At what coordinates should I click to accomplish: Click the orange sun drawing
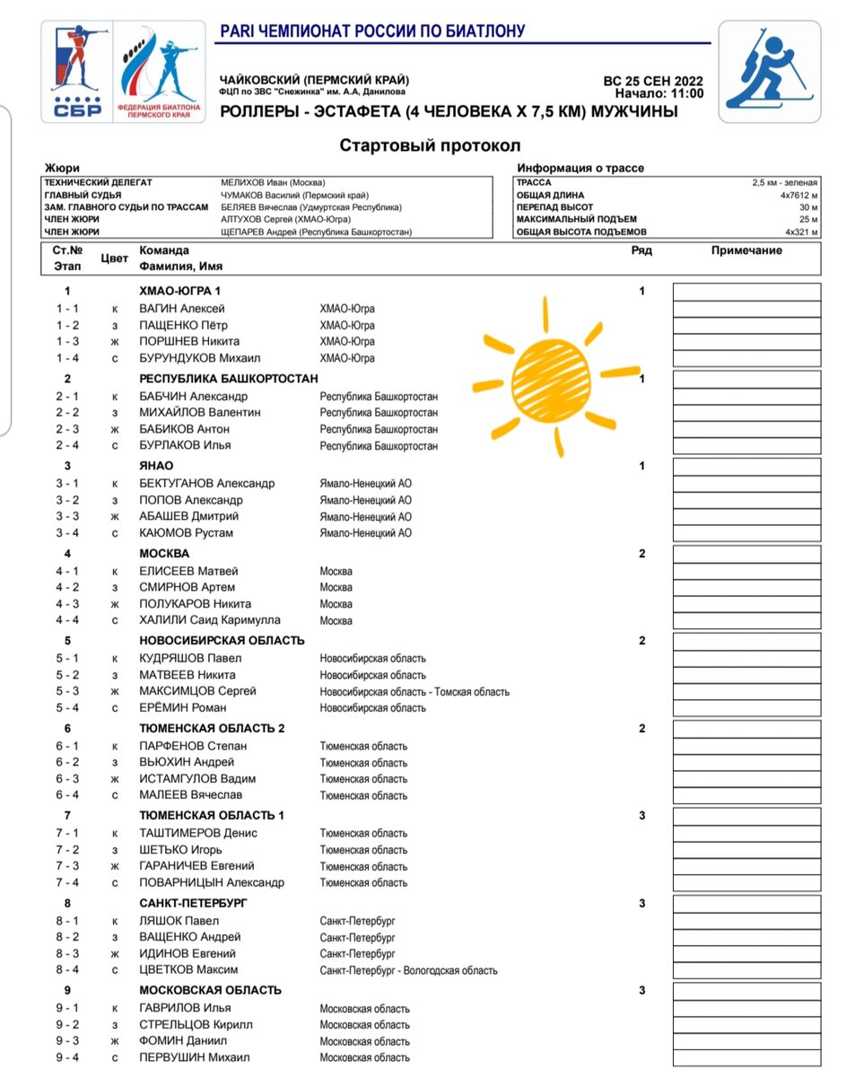(x=553, y=369)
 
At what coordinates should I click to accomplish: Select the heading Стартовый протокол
(x=430, y=145)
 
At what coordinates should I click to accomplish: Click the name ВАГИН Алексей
(x=181, y=309)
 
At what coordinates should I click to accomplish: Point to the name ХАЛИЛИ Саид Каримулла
(x=210, y=620)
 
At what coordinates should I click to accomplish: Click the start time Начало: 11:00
(x=659, y=93)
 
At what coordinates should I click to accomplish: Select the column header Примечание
(x=746, y=250)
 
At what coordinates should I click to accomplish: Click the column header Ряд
(x=641, y=250)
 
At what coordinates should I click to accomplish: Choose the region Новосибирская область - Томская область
(x=414, y=692)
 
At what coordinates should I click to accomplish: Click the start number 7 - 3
(x=67, y=866)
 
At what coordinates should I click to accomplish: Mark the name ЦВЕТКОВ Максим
(x=188, y=970)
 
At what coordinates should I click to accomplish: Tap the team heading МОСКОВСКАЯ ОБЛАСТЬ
(x=210, y=991)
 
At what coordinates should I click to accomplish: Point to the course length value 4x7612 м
(x=798, y=195)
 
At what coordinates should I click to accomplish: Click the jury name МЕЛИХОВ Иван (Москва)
(x=273, y=182)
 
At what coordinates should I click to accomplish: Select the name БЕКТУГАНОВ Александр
(x=206, y=484)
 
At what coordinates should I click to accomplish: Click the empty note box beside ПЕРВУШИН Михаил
(x=746, y=1058)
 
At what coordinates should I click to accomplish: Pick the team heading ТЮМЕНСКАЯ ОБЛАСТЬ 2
(x=212, y=729)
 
